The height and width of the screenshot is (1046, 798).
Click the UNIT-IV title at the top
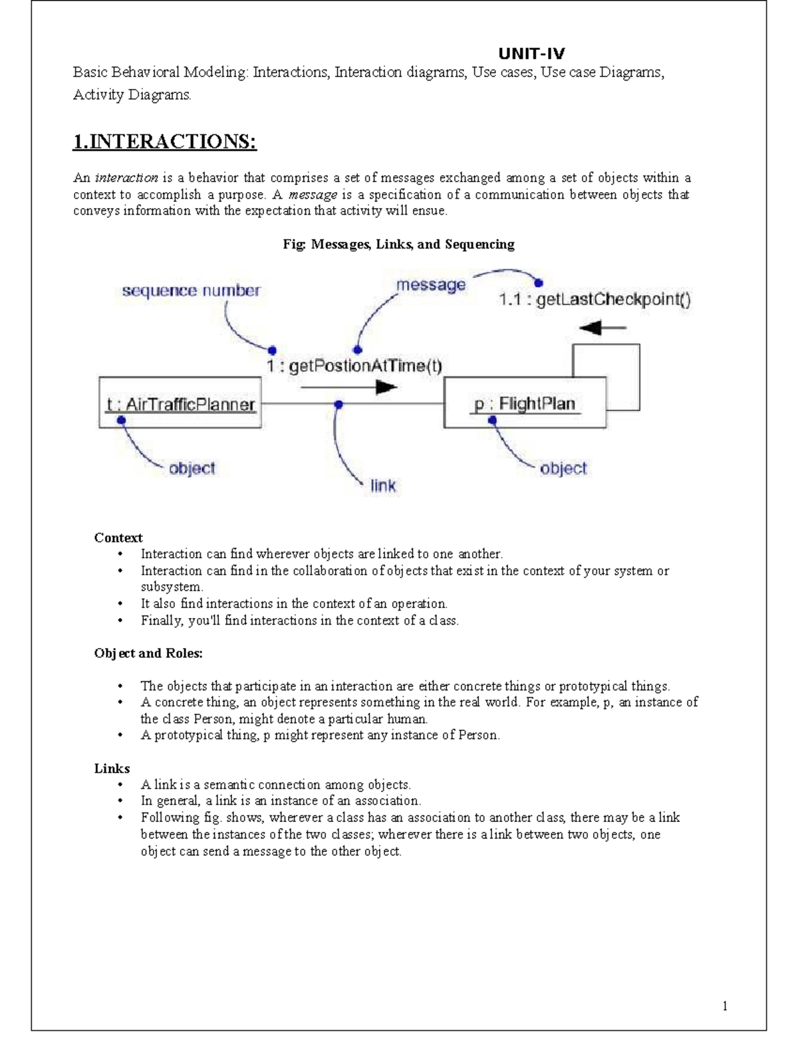coord(532,54)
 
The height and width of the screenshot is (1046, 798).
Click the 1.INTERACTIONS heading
coord(164,142)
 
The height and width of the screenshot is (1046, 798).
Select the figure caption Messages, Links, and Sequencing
coord(398,244)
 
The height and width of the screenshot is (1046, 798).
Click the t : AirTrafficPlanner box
coord(180,403)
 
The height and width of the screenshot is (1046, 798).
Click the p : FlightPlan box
coord(525,403)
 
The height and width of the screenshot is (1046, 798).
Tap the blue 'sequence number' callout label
coord(191,290)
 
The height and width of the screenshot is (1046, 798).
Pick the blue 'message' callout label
coord(431,285)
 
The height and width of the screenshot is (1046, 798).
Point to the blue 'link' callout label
coord(383,486)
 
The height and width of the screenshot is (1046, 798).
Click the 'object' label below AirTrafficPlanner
coord(192,469)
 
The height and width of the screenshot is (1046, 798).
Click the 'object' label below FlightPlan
coord(563,469)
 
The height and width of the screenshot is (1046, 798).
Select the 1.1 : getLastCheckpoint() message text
coord(595,300)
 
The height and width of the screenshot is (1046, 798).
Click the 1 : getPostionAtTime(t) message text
coord(354,366)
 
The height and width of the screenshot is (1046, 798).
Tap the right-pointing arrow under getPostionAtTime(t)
coord(348,387)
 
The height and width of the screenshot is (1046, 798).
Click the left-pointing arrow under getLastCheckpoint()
coord(602,328)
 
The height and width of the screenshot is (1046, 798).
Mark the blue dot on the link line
coord(338,404)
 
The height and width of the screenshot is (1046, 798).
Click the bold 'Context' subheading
coord(118,538)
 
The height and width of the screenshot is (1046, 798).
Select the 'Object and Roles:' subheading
coord(148,653)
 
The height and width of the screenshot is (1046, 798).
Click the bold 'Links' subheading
coord(112,768)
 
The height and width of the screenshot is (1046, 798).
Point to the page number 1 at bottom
coord(725,1006)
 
